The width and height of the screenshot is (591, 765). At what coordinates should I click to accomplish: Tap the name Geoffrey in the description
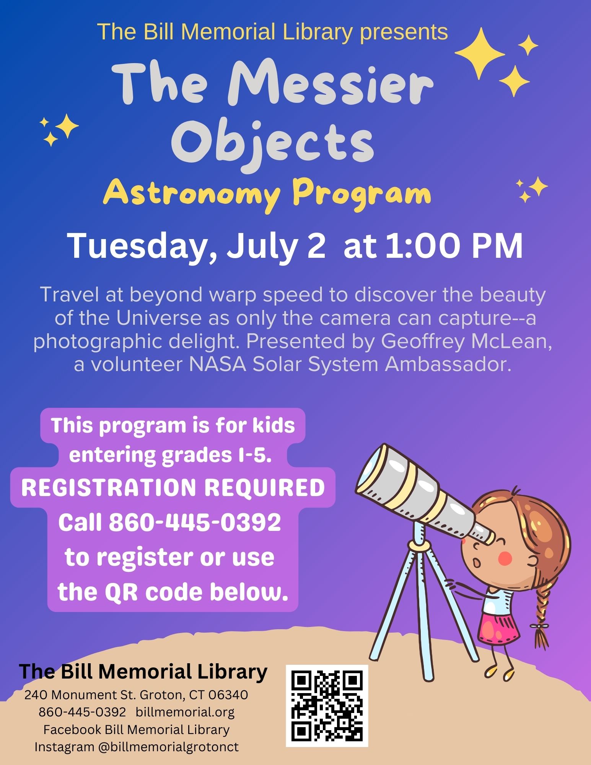(422, 342)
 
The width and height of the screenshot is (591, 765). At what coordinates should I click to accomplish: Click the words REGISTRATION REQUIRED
(173, 488)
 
